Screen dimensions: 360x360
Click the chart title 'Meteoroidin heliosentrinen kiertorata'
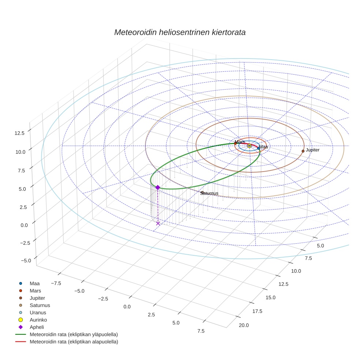click(180, 32)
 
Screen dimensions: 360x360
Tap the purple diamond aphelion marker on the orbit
click(158, 187)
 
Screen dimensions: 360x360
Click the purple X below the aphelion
click(158, 223)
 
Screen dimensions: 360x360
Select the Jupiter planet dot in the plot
click(303, 151)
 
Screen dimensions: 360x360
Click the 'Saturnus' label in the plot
click(209, 193)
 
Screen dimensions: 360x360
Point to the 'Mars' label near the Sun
click(240, 142)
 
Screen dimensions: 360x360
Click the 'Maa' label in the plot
click(263, 147)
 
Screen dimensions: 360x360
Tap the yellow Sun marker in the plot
click(250, 146)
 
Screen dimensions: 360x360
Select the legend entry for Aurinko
click(38, 320)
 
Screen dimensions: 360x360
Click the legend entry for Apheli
click(37, 327)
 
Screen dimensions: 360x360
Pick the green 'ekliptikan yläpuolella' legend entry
click(74, 334)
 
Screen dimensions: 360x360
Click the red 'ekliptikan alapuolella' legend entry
click(74, 342)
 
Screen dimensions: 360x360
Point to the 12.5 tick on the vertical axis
click(19, 133)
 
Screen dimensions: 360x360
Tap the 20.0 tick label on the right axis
click(244, 325)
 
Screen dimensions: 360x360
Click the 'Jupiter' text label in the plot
click(313, 150)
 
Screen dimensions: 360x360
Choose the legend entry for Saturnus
click(40, 305)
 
